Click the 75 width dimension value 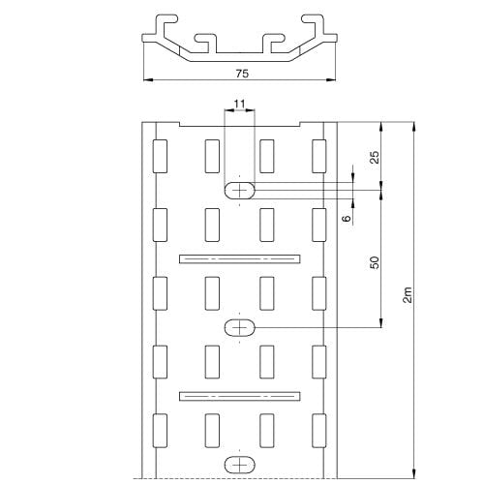pyautogui.click(x=242, y=74)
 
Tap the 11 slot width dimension pyautogui.click(x=239, y=104)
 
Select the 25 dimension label pyautogui.click(x=375, y=157)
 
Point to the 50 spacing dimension pyautogui.click(x=375, y=262)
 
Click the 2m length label pyautogui.click(x=408, y=294)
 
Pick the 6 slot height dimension pyautogui.click(x=347, y=218)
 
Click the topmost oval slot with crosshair pyautogui.click(x=239, y=191)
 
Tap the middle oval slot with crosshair pyautogui.click(x=239, y=328)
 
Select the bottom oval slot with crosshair pyautogui.click(x=239, y=465)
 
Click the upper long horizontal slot pyautogui.click(x=240, y=258)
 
